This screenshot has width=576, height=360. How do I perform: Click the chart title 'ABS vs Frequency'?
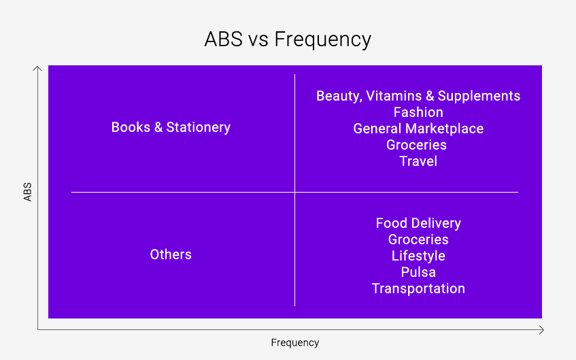click(x=288, y=39)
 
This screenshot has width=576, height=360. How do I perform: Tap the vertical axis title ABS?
click(x=28, y=192)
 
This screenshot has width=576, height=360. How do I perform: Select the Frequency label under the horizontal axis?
click(x=295, y=343)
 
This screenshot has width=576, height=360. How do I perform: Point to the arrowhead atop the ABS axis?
click(x=37, y=68)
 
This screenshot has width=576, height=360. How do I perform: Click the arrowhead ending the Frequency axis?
click(x=541, y=330)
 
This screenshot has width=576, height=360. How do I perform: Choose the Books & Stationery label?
click(x=171, y=127)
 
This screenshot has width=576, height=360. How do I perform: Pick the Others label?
click(x=171, y=255)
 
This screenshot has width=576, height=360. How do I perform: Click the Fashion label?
click(x=418, y=112)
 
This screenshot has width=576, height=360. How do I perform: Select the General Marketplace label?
click(x=418, y=129)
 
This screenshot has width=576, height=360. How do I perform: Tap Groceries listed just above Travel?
click(x=416, y=145)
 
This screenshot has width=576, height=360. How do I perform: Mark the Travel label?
click(x=418, y=161)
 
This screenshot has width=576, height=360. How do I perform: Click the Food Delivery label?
click(x=418, y=223)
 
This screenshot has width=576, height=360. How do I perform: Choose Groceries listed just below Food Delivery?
click(x=418, y=240)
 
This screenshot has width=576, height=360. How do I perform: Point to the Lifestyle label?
click(x=418, y=256)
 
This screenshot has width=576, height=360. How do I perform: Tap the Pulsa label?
click(x=418, y=272)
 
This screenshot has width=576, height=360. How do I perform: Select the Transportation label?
click(x=418, y=289)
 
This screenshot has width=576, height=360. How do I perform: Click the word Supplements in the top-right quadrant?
click(x=479, y=97)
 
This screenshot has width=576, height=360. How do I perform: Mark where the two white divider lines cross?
click(x=294, y=192)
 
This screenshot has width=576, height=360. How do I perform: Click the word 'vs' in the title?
click(x=258, y=39)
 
